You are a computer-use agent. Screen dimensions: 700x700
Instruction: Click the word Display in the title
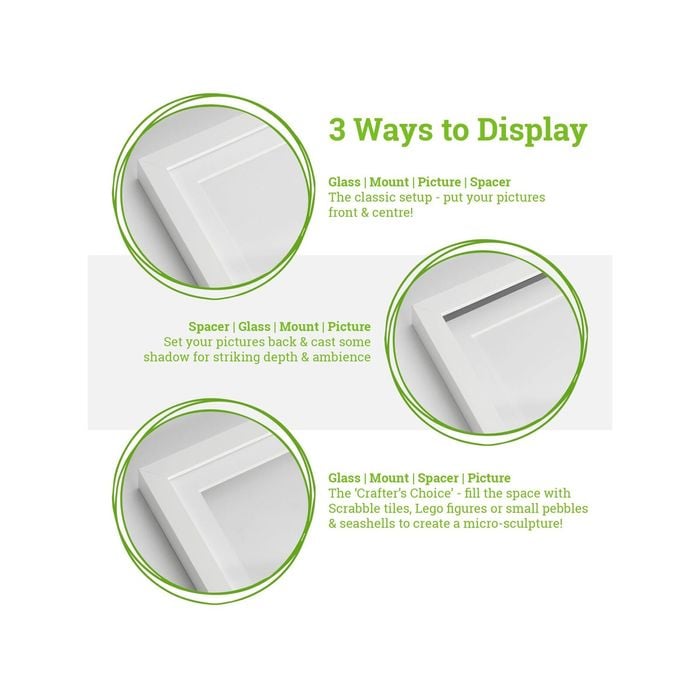click(530, 131)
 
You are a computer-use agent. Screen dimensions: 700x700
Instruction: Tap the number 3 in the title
click(339, 131)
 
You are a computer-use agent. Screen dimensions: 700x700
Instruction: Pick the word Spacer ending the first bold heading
click(490, 182)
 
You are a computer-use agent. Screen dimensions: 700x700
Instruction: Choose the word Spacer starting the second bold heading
click(209, 327)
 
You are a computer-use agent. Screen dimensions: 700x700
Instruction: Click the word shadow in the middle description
click(183, 357)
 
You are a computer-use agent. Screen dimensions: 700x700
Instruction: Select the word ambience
click(341, 357)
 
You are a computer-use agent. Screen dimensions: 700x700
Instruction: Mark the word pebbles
click(565, 508)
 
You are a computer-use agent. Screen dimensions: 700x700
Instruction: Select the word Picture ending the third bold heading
click(487, 478)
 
